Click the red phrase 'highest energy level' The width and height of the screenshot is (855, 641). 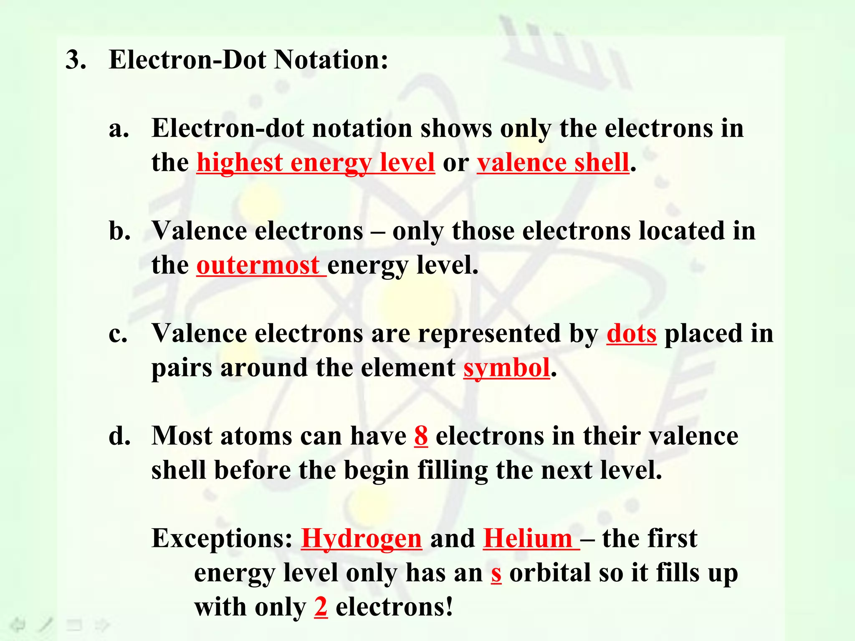[316, 163]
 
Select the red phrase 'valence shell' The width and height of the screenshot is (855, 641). [553, 163]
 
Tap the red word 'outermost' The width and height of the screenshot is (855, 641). [258, 265]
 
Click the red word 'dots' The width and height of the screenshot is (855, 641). [631, 334]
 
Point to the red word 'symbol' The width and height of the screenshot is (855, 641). [506, 368]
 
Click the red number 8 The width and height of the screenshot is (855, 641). [421, 437]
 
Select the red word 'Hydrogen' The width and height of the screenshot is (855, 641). [362, 539]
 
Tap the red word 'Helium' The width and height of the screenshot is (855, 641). [528, 539]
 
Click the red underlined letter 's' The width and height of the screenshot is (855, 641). [496, 573]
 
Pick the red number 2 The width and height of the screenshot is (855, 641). [321, 608]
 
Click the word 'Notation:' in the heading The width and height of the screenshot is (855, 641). [331, 60]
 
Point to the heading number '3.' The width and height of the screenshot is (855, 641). [76, 60]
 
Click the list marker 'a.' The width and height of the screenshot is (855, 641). [119, 129]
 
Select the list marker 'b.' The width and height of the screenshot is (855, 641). [119, 231]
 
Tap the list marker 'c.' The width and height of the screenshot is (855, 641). [118, 334]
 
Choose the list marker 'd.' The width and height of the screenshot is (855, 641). [119, 437]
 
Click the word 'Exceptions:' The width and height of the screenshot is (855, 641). [222, 539]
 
